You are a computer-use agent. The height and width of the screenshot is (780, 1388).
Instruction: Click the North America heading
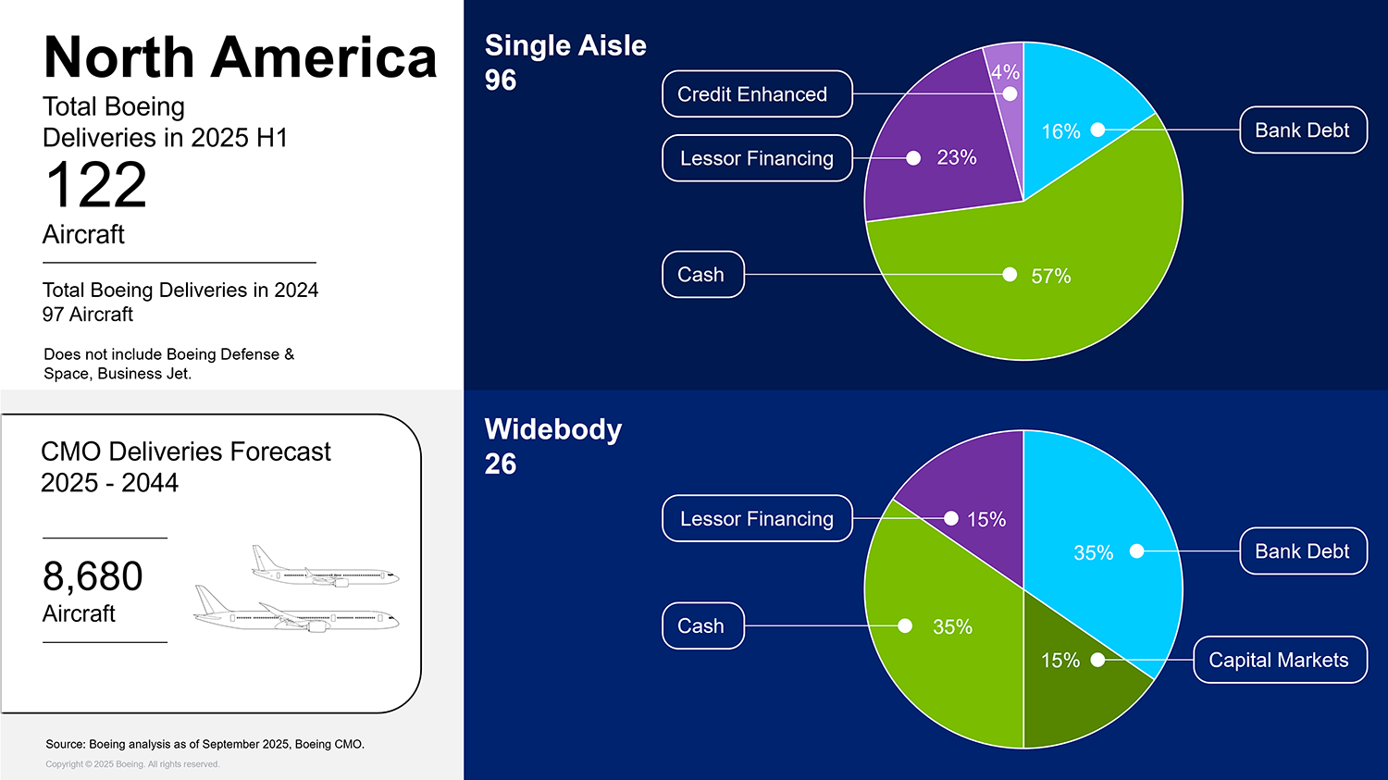pyautogui.click(x=240, y=57)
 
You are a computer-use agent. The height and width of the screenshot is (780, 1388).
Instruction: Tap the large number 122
pyautogui.click(x=96, y=185)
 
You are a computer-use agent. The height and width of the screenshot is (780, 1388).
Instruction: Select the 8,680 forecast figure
pyautogui.click(x=93, y=576)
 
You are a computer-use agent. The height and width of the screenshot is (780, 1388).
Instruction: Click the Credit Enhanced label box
pyautogui.click(x=757, y=94)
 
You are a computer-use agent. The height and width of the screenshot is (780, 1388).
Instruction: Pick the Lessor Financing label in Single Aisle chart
pyautogui.click(x=757, y=158)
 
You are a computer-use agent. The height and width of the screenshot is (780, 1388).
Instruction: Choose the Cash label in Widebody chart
pyautogui.click(x=702, y=626)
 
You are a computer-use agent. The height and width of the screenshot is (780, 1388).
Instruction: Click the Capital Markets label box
pyautogui.click(x=1280, y=660)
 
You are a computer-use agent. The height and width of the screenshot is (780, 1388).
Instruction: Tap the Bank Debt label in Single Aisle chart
pyautogui.click(x=1303, y=130)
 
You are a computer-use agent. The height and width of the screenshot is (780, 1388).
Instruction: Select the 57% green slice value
pyautogui.click(x=1050, y=276)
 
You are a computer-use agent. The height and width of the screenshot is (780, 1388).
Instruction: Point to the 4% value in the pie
pyautogui.click(x=1005, y=72)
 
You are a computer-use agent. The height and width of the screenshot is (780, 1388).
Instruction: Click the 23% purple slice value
pyautogui.click(x=956, y=157)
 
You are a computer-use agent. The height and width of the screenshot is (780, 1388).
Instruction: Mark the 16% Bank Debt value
pyautogui.click(x=1060, y=131)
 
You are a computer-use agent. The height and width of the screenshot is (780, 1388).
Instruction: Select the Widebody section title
pyautogui.click(x=553, y=429)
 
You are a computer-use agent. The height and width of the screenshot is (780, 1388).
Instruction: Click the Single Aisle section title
pyautogui.click(x=565, y=45)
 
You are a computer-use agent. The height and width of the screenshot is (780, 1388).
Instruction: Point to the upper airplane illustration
pyautogui.click(x=324, y=567)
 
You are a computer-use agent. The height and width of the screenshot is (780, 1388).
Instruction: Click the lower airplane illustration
pyautogui.click(x=296, y=611)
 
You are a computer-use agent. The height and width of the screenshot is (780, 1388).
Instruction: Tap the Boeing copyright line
pyautogui.click(x=132, y=764)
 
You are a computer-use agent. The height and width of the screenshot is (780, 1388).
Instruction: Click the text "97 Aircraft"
pyautogui.click(x=88, y=315)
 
